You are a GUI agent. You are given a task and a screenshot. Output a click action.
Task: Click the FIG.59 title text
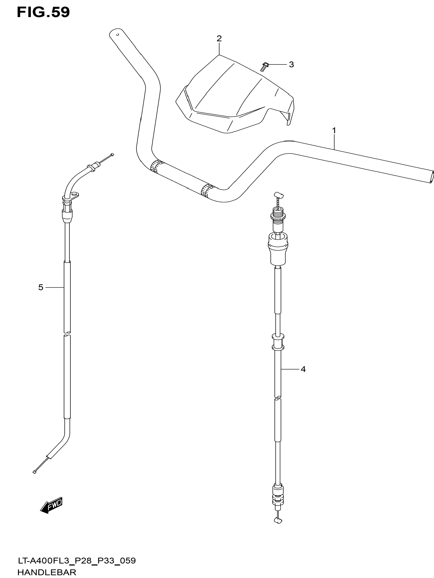click(43, 12)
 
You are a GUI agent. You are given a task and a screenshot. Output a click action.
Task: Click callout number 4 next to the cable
click(303, 369)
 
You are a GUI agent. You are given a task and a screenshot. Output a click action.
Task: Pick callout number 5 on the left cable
click(41, 287)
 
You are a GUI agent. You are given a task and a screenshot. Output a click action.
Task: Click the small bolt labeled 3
click(264, 67)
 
